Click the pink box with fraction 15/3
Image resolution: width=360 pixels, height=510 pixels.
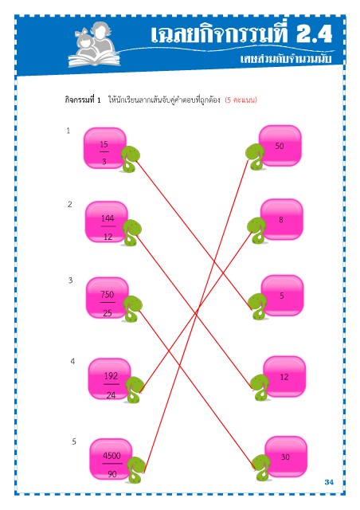click(x=104, y=148)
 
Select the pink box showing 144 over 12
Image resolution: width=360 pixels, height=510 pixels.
click(x=107, y=222)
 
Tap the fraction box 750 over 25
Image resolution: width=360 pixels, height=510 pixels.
click(x=108, y=298)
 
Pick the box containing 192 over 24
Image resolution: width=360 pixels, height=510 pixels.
click(x=110, y=379)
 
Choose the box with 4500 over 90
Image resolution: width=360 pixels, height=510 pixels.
click(x=111, y=459)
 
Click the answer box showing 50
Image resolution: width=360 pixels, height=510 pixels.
click(x=280, y=146)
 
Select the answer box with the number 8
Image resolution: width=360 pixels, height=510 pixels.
click(x=282, y=220)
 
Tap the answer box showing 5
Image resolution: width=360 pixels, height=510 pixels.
click(x=282, y=296)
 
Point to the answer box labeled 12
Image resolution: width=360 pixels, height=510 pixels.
click(x=284, y=377)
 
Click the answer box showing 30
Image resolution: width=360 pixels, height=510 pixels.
click(x=286, y=457)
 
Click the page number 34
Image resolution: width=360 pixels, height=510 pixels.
click(x=329, y=482)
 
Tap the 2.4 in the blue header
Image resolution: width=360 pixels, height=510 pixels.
click(x=314, y=33)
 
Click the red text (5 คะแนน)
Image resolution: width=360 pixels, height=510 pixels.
click(x=241, y=100)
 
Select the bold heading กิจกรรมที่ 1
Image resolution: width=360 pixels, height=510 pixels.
click(x=83, y=100)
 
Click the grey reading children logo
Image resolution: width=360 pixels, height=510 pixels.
click(x=94, y=45)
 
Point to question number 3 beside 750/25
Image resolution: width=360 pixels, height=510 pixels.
click(x=71, y=280)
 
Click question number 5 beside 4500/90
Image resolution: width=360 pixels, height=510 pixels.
click(x=74, y=441)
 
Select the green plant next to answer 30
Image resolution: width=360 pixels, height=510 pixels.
click(x=261, y=468)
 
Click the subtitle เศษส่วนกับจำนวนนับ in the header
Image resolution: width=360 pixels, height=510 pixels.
click(x=286, y=58)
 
